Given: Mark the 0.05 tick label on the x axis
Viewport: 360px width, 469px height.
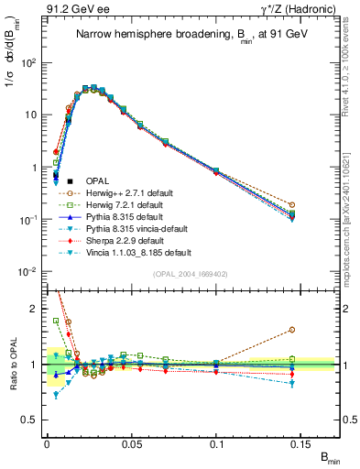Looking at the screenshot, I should coord(132,443).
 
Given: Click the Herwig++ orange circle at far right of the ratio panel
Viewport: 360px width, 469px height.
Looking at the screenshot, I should coord(317,330).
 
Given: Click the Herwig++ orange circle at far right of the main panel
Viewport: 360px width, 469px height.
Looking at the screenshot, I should coord(317,205).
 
